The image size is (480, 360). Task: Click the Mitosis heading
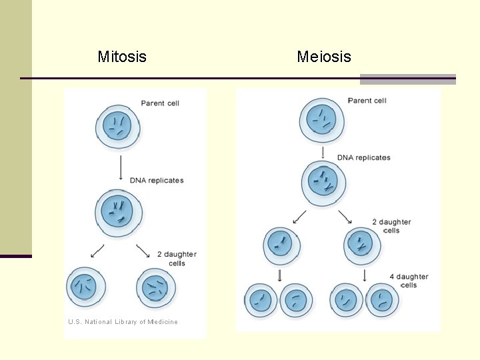pyautogui.click(x=122, y=57)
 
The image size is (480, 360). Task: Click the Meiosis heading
pyautogui.click(x=323, y=57)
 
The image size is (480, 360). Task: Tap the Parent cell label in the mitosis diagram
pyautogui.click(x=160, y=103)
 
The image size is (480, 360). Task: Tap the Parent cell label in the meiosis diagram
pyautogui.click(x=367, y=101)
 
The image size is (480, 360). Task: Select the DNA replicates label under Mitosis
pyautogui.click(x=157, y=181)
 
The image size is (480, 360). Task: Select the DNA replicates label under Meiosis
pyautogui.click(x=364, y=158)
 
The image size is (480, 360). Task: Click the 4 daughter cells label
pyautogui.click(x=409, y=281)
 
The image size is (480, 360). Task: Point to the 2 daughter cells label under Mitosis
pyautogui.click(x=177, y=259)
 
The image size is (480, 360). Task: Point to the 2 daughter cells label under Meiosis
pyautogui.click(x=391, y=226)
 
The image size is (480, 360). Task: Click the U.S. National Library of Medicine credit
pyautogui.click(x=123, y=322)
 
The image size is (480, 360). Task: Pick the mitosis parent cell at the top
pyautogui.click(x=118, y=127)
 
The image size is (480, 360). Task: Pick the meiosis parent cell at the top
pyautogui.click(x=323, y=121)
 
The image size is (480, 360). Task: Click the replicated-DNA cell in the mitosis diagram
pyautogui.click(x=118, y=212)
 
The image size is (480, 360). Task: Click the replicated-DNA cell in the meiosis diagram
pyautogui.click(x=323, y=182)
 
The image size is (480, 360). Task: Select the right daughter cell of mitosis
pyautogui.click(x=156, y=288)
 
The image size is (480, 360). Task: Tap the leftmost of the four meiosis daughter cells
pyautogui.click(x=261, y=300)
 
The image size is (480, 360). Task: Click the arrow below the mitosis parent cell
pyautogui.click(x=121, y=168)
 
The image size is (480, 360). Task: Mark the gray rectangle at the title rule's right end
pyautogui.click(x=407, y=79)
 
